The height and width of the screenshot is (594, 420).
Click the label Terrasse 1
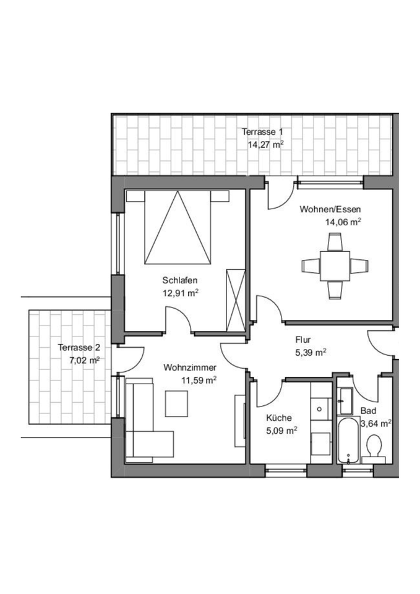pyautogui.click(x=262, y=132)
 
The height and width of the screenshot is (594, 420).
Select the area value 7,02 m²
pyautogui.click(x=85, y=359)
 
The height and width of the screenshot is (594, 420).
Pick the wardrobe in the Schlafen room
pyautogui.click(x=236, y=301)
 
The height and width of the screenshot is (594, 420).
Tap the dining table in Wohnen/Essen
pyautogui.click(x=335, y=265)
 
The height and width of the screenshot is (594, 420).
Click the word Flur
pyautogui.click(x=302, y=340)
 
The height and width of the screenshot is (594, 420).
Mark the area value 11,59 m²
pyautogui.click(x=198, y=380)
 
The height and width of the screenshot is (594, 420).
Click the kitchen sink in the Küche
pyautogui.click(x=320, y=408)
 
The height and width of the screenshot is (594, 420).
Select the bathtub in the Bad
pyautogui.click(x=349, y=441)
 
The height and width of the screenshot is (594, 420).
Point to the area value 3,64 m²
pyautogui.click(x=376, y=424)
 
